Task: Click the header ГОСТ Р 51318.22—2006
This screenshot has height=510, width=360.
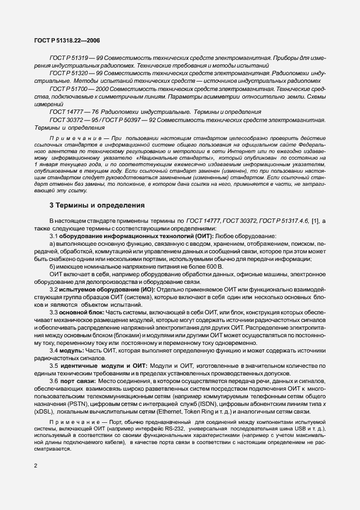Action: (64, 40)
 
